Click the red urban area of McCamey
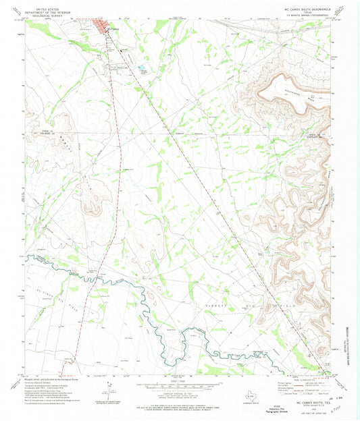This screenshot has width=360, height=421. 103,28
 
